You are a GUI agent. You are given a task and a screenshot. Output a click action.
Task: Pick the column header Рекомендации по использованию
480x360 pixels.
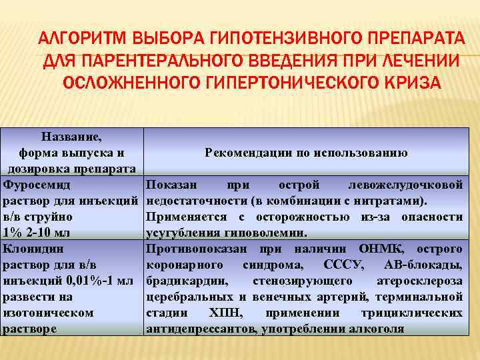pyautogui.click(x=306, y=153)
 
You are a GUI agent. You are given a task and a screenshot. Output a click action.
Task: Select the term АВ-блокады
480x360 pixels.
pyautogui.click(x=425, y=265)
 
